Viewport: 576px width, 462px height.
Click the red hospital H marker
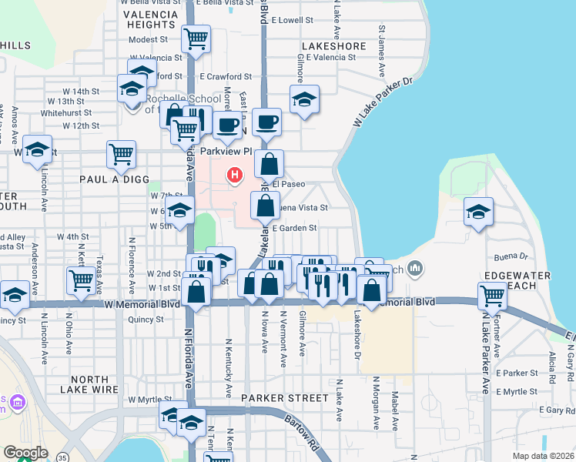pos(233,176)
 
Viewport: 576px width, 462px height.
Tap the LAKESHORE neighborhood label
pos(333,46)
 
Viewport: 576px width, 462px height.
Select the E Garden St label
pos(293,228)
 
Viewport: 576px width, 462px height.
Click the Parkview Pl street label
pos(226,152)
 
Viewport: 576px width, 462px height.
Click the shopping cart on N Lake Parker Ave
pos(491,295)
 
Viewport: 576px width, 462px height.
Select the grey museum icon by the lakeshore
pos(416,269)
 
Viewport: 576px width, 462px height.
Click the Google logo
pos(25,453)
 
